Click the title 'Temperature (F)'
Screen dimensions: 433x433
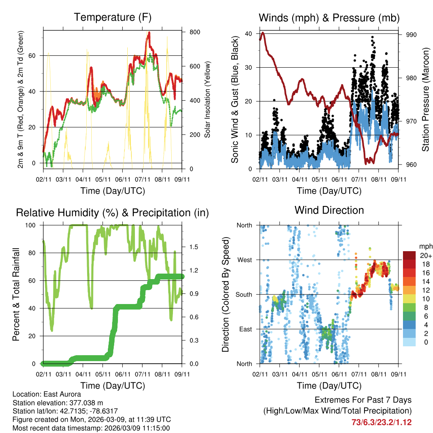(x=112, y=17)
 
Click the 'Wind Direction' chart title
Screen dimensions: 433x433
(x=329, y=210)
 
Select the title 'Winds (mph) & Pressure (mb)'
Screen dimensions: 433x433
(x=329, y=18)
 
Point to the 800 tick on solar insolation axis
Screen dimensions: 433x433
(x=195, y=32)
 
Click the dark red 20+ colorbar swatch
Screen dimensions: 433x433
(x=410, y=255)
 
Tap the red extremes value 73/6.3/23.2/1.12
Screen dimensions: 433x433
(x=381, y=422)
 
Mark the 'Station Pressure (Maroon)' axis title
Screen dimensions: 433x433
(x=425, y=99)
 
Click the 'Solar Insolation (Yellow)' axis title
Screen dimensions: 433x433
(x=207, y=99)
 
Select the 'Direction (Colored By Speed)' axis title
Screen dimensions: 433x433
(x=225, y=294)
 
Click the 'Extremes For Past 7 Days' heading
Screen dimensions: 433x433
(x=363, y=400)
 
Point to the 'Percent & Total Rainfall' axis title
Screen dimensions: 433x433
(x=16, y=294)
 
